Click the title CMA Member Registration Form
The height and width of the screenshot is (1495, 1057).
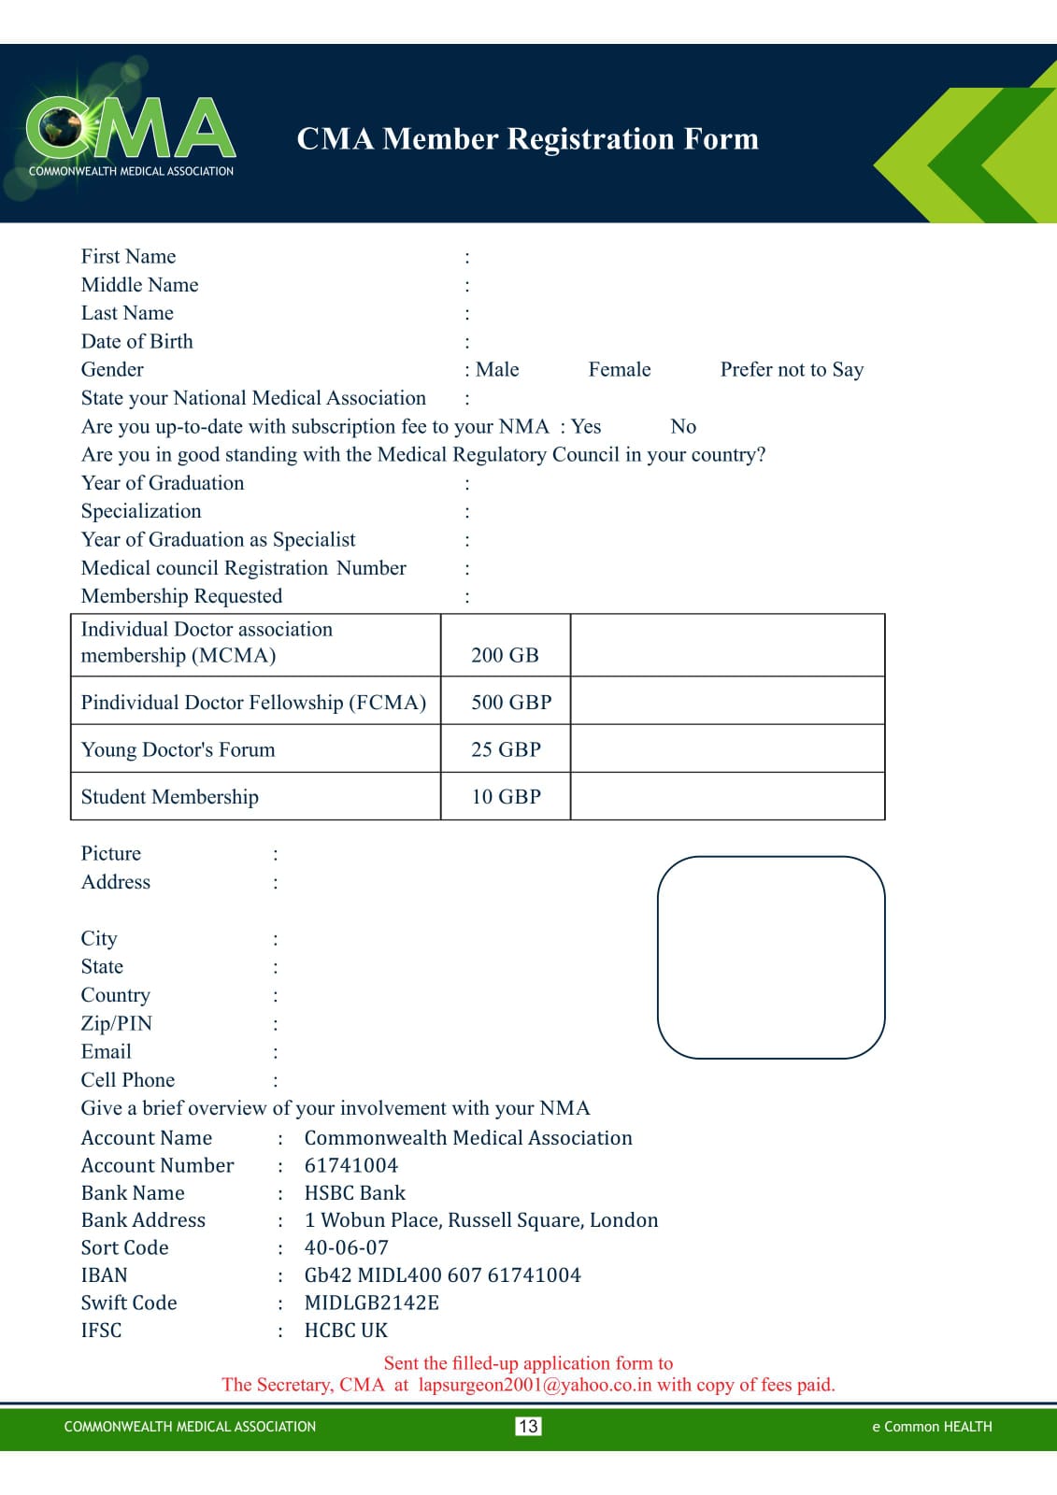pos(527,138)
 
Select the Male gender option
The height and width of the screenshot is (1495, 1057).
pos(497,370)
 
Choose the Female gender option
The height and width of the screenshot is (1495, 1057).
pos(619,370)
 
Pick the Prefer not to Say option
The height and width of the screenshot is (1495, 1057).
pos(792,370)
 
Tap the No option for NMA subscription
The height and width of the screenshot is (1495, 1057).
pos(683,427)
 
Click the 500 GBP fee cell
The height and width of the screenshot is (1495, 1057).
pos(510,702)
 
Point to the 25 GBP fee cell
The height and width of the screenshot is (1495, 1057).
pos(506,749)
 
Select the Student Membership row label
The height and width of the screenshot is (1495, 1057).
pos(170,797)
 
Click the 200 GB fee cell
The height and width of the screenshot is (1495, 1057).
pos(505,655)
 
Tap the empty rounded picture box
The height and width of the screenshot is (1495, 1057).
pos(771,957)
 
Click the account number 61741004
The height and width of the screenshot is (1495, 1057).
pos(351,1165)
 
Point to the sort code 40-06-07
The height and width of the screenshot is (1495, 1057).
pos(346,1247)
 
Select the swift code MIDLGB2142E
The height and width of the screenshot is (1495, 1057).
pos(371,1303)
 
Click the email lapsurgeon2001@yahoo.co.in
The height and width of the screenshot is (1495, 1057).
pos(535,1385)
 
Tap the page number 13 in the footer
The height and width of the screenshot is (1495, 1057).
pos(528,1426)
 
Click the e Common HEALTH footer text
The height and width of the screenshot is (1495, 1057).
pos(932,1427)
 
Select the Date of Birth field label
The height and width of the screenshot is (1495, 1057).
pos(137,342)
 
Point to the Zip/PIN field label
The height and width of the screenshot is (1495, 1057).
pos(117,1023)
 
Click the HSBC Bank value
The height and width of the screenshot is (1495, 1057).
pos(355,1193)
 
